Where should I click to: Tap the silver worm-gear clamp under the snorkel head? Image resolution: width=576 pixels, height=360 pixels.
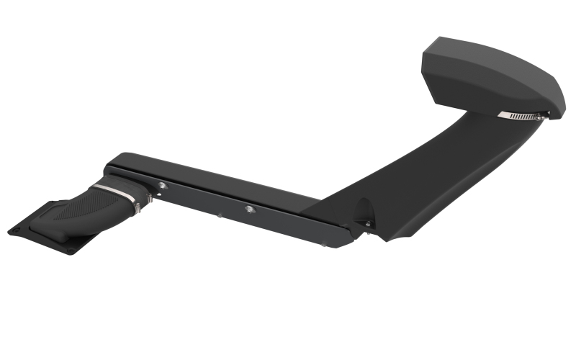coord(520,115)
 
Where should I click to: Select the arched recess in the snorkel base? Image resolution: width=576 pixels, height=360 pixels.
coord(363,209)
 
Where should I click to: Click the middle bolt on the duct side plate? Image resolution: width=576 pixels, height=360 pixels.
coord(248,209)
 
